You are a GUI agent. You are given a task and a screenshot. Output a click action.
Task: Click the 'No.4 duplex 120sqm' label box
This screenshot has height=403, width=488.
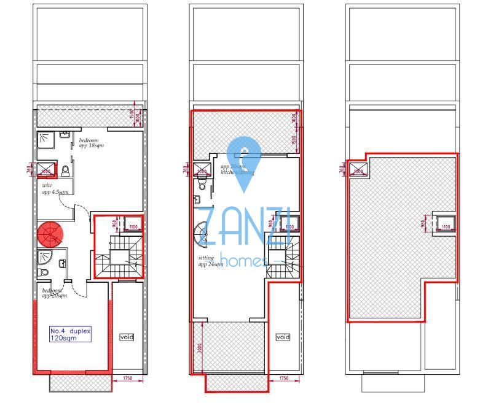70,334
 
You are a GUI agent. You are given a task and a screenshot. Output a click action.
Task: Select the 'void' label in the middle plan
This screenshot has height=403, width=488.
283,337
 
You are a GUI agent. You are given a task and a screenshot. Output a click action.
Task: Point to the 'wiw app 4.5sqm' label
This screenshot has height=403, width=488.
52,188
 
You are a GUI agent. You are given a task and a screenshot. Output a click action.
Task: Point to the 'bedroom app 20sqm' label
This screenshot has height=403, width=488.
52,293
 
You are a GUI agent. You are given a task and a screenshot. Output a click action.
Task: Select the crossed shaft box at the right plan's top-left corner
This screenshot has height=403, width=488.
358,170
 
